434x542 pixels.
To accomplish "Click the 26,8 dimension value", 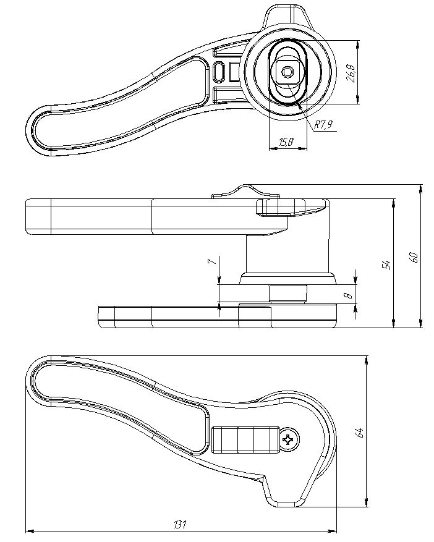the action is point(351,72).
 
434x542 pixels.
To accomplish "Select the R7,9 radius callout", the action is point(323,125).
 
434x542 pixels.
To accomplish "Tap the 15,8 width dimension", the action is point(286,142).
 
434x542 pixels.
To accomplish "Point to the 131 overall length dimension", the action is point(180,524).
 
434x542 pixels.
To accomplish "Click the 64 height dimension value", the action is point(360,433).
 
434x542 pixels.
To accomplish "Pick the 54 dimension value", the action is point(387,265).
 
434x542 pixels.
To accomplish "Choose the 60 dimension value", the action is point(414,257).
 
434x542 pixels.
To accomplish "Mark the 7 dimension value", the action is point(213,261).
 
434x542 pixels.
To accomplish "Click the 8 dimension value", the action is point(349,295).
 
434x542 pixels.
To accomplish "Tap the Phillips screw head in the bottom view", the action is point(289,439).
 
